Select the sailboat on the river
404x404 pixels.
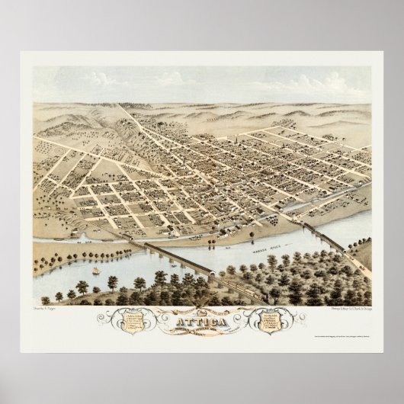pyautogui.click(x=96, y=271)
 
